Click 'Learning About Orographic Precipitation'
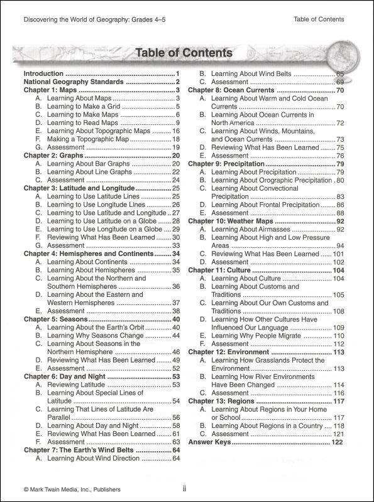pyautogui.click(x=273, y=179)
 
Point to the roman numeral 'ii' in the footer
pyautogui.click(x=185, y=489)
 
